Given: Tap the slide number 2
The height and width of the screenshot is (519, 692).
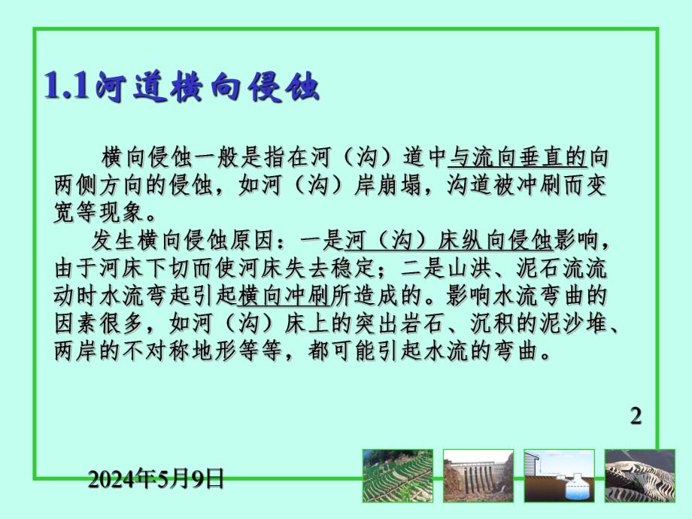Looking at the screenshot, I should pyautogui.click(x=635, y=416).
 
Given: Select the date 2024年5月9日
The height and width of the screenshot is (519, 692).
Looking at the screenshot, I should pyautogui.click(x=156, y=478).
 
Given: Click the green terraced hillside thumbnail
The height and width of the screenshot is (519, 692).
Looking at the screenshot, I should pyautogui.click(x=398, y=475).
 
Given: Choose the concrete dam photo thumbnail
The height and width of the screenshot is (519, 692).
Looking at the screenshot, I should pyautogui.click(x=478, y=475).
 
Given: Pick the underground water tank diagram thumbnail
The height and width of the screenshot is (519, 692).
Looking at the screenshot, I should pyautogui.click(x=559, y=475).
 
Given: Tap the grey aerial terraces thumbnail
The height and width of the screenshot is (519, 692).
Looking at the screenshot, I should pyautogui.click(x=640, y=475).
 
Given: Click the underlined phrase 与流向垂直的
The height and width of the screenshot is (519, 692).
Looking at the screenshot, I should pyautogui.click(x=517, y=158).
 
